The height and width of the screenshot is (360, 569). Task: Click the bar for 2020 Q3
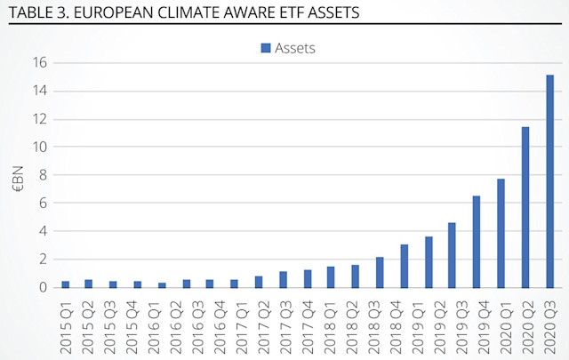[550, 181]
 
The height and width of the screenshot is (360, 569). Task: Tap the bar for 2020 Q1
[501, 233]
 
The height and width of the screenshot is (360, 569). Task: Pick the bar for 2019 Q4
[477, 242]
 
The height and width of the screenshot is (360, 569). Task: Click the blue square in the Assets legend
[266, 48]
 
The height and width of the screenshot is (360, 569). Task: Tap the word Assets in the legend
[294, 48]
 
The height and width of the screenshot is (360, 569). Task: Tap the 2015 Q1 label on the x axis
[66, 324]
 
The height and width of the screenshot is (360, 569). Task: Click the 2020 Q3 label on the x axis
[550, 324]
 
